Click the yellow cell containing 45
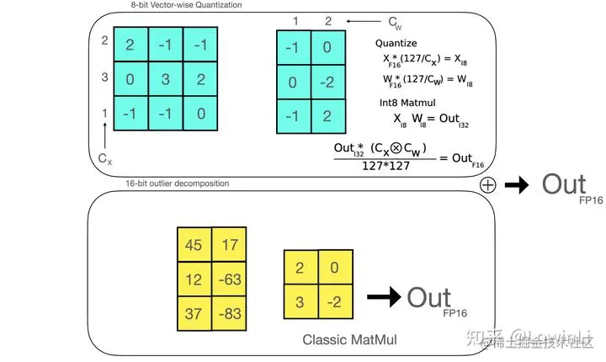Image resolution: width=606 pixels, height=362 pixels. [194, 245]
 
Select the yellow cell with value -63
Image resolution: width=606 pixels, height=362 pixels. [229, 279]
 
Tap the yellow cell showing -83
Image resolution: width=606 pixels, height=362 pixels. [229, 312]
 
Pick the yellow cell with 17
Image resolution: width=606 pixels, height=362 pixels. [229, 245]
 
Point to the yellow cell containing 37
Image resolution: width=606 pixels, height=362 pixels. [194, 312]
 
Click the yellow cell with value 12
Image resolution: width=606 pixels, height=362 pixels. [194, 279]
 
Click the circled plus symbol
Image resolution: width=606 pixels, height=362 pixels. [486, 184]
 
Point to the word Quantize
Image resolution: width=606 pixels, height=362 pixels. [396, 43]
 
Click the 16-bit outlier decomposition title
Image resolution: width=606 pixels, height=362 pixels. [177, 184]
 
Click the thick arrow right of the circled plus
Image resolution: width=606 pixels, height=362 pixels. [517, 185]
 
